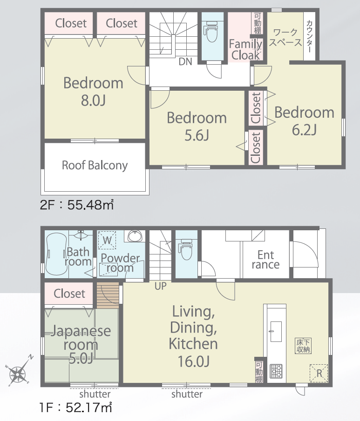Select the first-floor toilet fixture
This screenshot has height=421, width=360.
[x=186, y=249]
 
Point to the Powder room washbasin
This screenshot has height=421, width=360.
[x=135, y=236]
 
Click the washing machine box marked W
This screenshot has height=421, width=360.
[x=107, y=240]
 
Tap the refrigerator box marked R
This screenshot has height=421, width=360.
[x=319, y=373]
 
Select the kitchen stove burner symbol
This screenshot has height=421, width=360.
[x=276, y=371]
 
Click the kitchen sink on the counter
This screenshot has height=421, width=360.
[x=276, y=331]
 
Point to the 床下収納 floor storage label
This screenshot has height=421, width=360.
[x=303, y=346]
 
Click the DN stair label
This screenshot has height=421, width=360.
[x=185, y=62]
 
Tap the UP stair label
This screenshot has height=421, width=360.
[x=161, y=286]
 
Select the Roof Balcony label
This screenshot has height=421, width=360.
[x=95, y=166]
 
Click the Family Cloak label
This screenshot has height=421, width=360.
[x=245, y=50]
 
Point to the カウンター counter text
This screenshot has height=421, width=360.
[x=309, y=36]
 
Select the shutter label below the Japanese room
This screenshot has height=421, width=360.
[x=95, y=394]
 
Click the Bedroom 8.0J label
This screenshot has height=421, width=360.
[x=93, y=91]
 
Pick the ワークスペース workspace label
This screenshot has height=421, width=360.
[x=285, y=37]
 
